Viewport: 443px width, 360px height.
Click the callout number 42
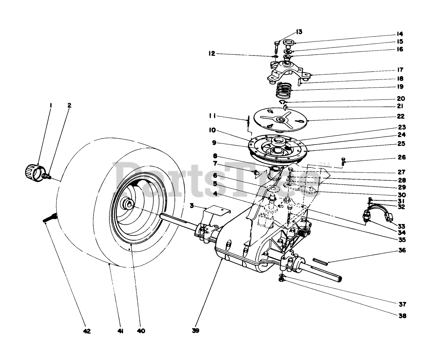click(87, 331)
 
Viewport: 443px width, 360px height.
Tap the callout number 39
click(196, 331)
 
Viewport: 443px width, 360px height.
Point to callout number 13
click(299, 31)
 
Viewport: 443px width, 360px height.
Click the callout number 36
click(402, 250)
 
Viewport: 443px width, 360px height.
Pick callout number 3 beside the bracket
click(192, 206)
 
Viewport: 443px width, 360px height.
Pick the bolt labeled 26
click(344, 162)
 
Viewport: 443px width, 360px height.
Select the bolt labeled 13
click(276, 47)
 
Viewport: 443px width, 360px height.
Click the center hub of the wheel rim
click(129, 203)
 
